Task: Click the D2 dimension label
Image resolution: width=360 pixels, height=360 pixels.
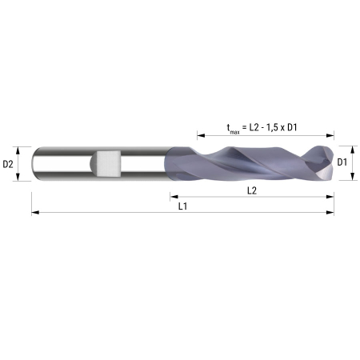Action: [x=8, y=164]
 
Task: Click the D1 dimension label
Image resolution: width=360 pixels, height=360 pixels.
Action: [x=342, y=162]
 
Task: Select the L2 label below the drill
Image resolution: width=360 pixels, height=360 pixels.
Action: [x=252, y=190]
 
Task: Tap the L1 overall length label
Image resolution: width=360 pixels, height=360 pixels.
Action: [x=182, y=206]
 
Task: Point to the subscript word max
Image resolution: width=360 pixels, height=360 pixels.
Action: [x=234, y=131]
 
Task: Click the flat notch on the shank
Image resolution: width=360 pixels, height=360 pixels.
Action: [x=109, y=163]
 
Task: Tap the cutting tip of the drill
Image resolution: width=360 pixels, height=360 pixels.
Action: [x=333, y=162]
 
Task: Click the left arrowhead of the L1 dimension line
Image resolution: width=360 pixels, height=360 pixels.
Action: [x=35, y=213]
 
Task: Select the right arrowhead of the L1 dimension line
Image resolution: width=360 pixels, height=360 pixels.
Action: [x=330, y=213]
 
